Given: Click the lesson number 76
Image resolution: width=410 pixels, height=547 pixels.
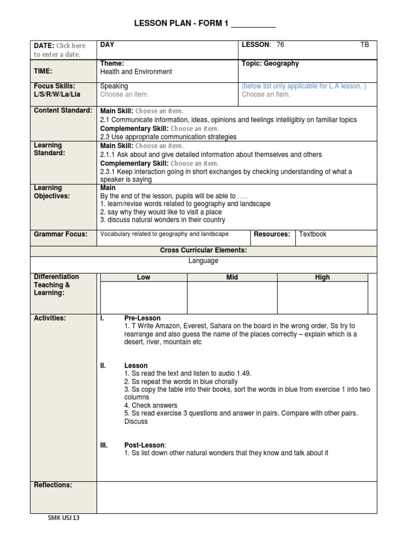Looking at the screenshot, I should point(281,45).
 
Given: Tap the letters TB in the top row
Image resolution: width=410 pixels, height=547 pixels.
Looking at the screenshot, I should point(365,45).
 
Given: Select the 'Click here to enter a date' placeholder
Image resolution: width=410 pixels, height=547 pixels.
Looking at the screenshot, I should point(59,50).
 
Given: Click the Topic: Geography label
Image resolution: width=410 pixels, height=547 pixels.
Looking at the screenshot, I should point(270,64).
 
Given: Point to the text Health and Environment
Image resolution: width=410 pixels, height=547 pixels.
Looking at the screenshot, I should point(136,72).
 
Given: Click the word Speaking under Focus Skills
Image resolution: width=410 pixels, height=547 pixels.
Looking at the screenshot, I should point(114,86).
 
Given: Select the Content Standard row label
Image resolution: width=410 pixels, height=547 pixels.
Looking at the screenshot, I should point(63,111).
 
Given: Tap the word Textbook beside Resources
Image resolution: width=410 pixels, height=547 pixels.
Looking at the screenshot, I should point(313,234).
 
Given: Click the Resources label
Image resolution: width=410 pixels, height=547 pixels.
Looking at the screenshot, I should point(272,234).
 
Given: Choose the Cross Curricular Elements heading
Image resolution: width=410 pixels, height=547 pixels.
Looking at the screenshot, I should point(203,250).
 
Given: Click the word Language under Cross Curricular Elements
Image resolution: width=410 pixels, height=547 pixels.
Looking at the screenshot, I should point(203,261).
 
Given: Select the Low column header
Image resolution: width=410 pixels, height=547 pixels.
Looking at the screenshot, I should point(144,277).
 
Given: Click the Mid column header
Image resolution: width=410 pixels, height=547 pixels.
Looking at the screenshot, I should point(232,277).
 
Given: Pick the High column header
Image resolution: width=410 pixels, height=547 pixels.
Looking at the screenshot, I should point(322,277).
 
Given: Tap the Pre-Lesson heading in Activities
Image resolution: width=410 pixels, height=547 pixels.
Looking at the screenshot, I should point(142,318).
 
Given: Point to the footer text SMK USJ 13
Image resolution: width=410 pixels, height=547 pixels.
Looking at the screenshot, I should point(64,518).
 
